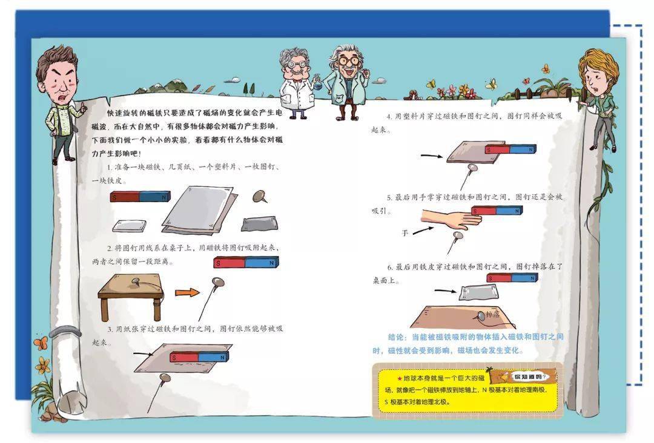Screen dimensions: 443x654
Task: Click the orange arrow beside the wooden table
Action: (x=187, y=292)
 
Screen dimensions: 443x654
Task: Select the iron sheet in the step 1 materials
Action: (x=260, y=224)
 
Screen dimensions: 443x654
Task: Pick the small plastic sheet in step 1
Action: (x=130, y=225)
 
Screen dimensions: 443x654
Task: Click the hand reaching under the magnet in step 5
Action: (x=449, y=218)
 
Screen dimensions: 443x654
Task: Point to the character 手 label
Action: (x=405, y=232)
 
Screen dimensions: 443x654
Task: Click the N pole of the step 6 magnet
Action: (x=526, y=278)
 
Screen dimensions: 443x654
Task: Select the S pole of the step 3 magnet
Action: (x=183, y=357)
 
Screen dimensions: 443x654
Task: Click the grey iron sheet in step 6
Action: (x=479, y=292)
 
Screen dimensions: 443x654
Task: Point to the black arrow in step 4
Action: (x=431, y=156)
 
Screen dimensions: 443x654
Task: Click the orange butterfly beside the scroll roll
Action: (x=41, y=344)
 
